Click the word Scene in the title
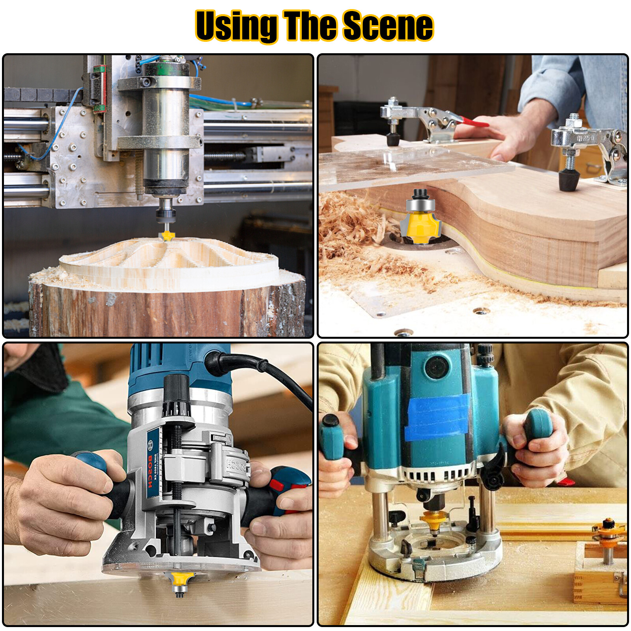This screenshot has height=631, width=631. pos(388,26)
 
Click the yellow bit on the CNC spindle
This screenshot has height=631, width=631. pos(167,236)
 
